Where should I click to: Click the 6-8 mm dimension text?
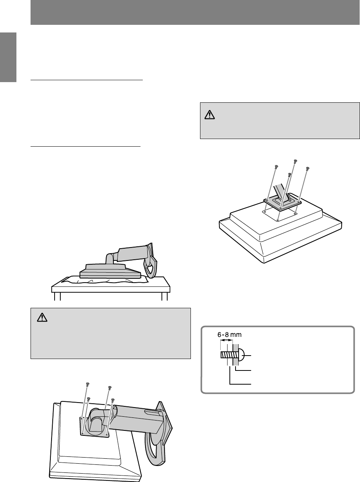tap(229, 335)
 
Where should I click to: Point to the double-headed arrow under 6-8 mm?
tap(226, 340)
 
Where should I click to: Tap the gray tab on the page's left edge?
tap(8, 57)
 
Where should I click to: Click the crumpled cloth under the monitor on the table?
tap(104, 280)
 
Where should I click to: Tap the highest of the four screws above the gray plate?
tap(295, 162)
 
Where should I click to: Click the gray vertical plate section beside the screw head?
tap(236, 355)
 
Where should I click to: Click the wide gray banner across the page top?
tap(195, 12)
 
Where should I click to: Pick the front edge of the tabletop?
tap(111, 289)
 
